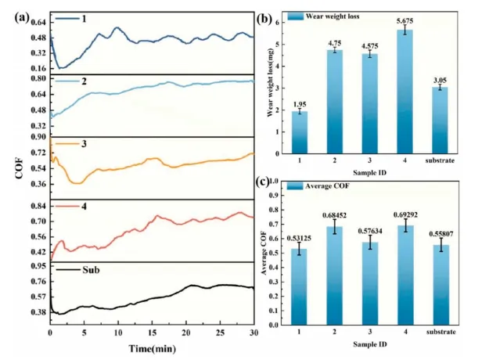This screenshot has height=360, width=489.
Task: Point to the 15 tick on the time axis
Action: [152, 333]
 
